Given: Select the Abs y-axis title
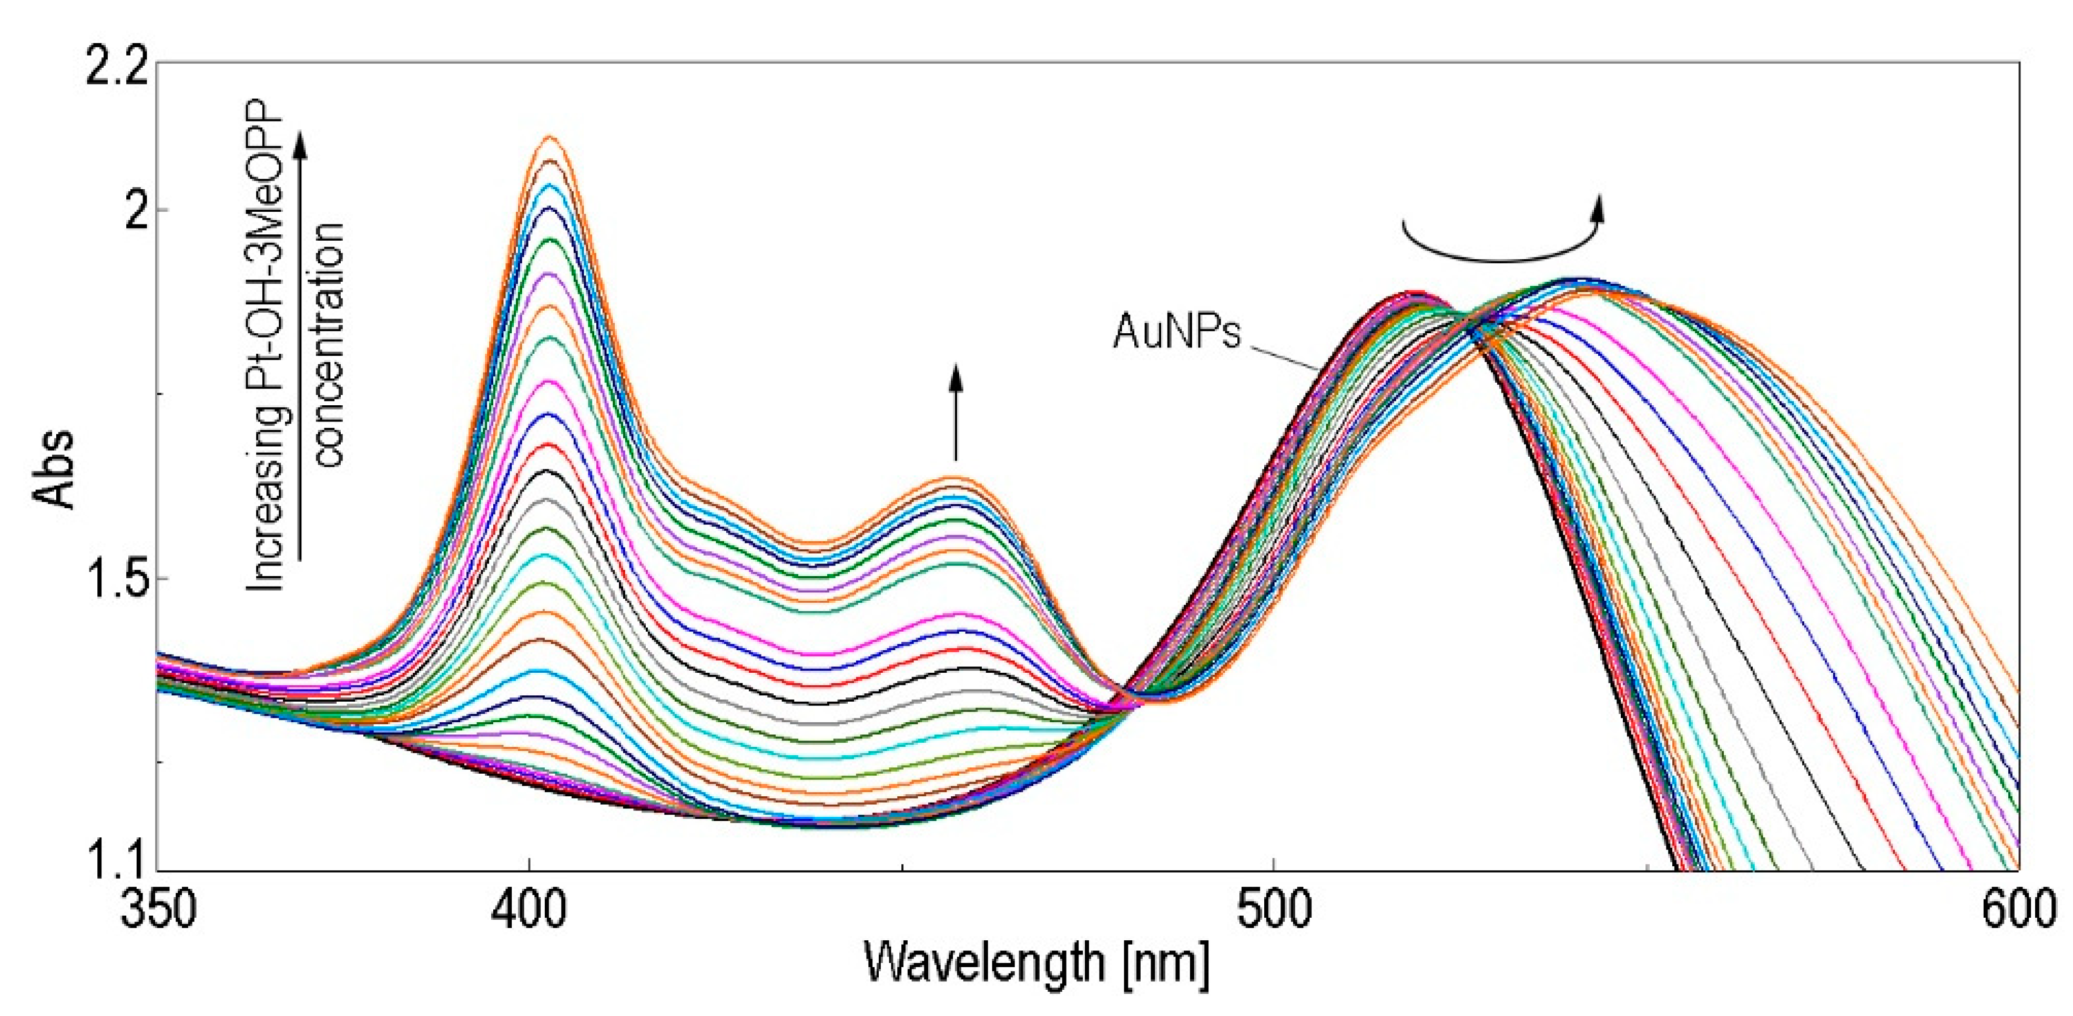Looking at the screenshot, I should [x=55, y=470].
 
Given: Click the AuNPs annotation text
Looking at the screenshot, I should [x=1176, y=332].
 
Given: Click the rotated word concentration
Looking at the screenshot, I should [x=328, y=344].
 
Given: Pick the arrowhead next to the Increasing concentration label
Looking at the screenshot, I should [x=300, y=145].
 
